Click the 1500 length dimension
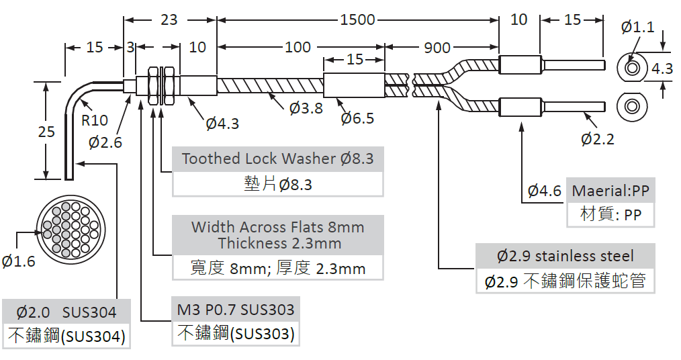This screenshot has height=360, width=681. (x=357, y=19)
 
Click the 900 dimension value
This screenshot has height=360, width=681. (x=437, y=47)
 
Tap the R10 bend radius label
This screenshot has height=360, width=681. (x=95, y=120)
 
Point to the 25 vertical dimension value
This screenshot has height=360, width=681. (x=46, y=132)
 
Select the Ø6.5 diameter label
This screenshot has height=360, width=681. (x=357, y=118)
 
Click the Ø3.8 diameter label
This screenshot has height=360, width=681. (x=306, y=108)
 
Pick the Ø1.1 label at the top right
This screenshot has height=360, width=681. (x=637, y=27)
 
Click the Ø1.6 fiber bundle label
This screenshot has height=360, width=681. (x=18, y=261)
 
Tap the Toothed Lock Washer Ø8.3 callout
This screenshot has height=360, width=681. (x=277, y=159)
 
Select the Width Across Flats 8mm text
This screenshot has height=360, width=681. (x=277, y=227)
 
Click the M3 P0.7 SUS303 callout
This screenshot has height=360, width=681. (x=236, y=310)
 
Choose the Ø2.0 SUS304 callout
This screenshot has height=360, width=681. (x=66, y=312)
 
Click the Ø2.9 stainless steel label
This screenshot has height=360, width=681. (x=565, y=256)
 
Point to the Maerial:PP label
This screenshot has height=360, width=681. (x=610, y=191)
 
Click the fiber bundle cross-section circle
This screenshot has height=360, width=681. (x=71, y=228)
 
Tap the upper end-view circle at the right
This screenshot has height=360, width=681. (x=633, y=68)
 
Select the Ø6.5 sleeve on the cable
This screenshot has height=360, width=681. (x=354, y=85)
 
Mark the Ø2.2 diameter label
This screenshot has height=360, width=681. (x=598, y=139)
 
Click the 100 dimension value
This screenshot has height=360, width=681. (x=298, y=47)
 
